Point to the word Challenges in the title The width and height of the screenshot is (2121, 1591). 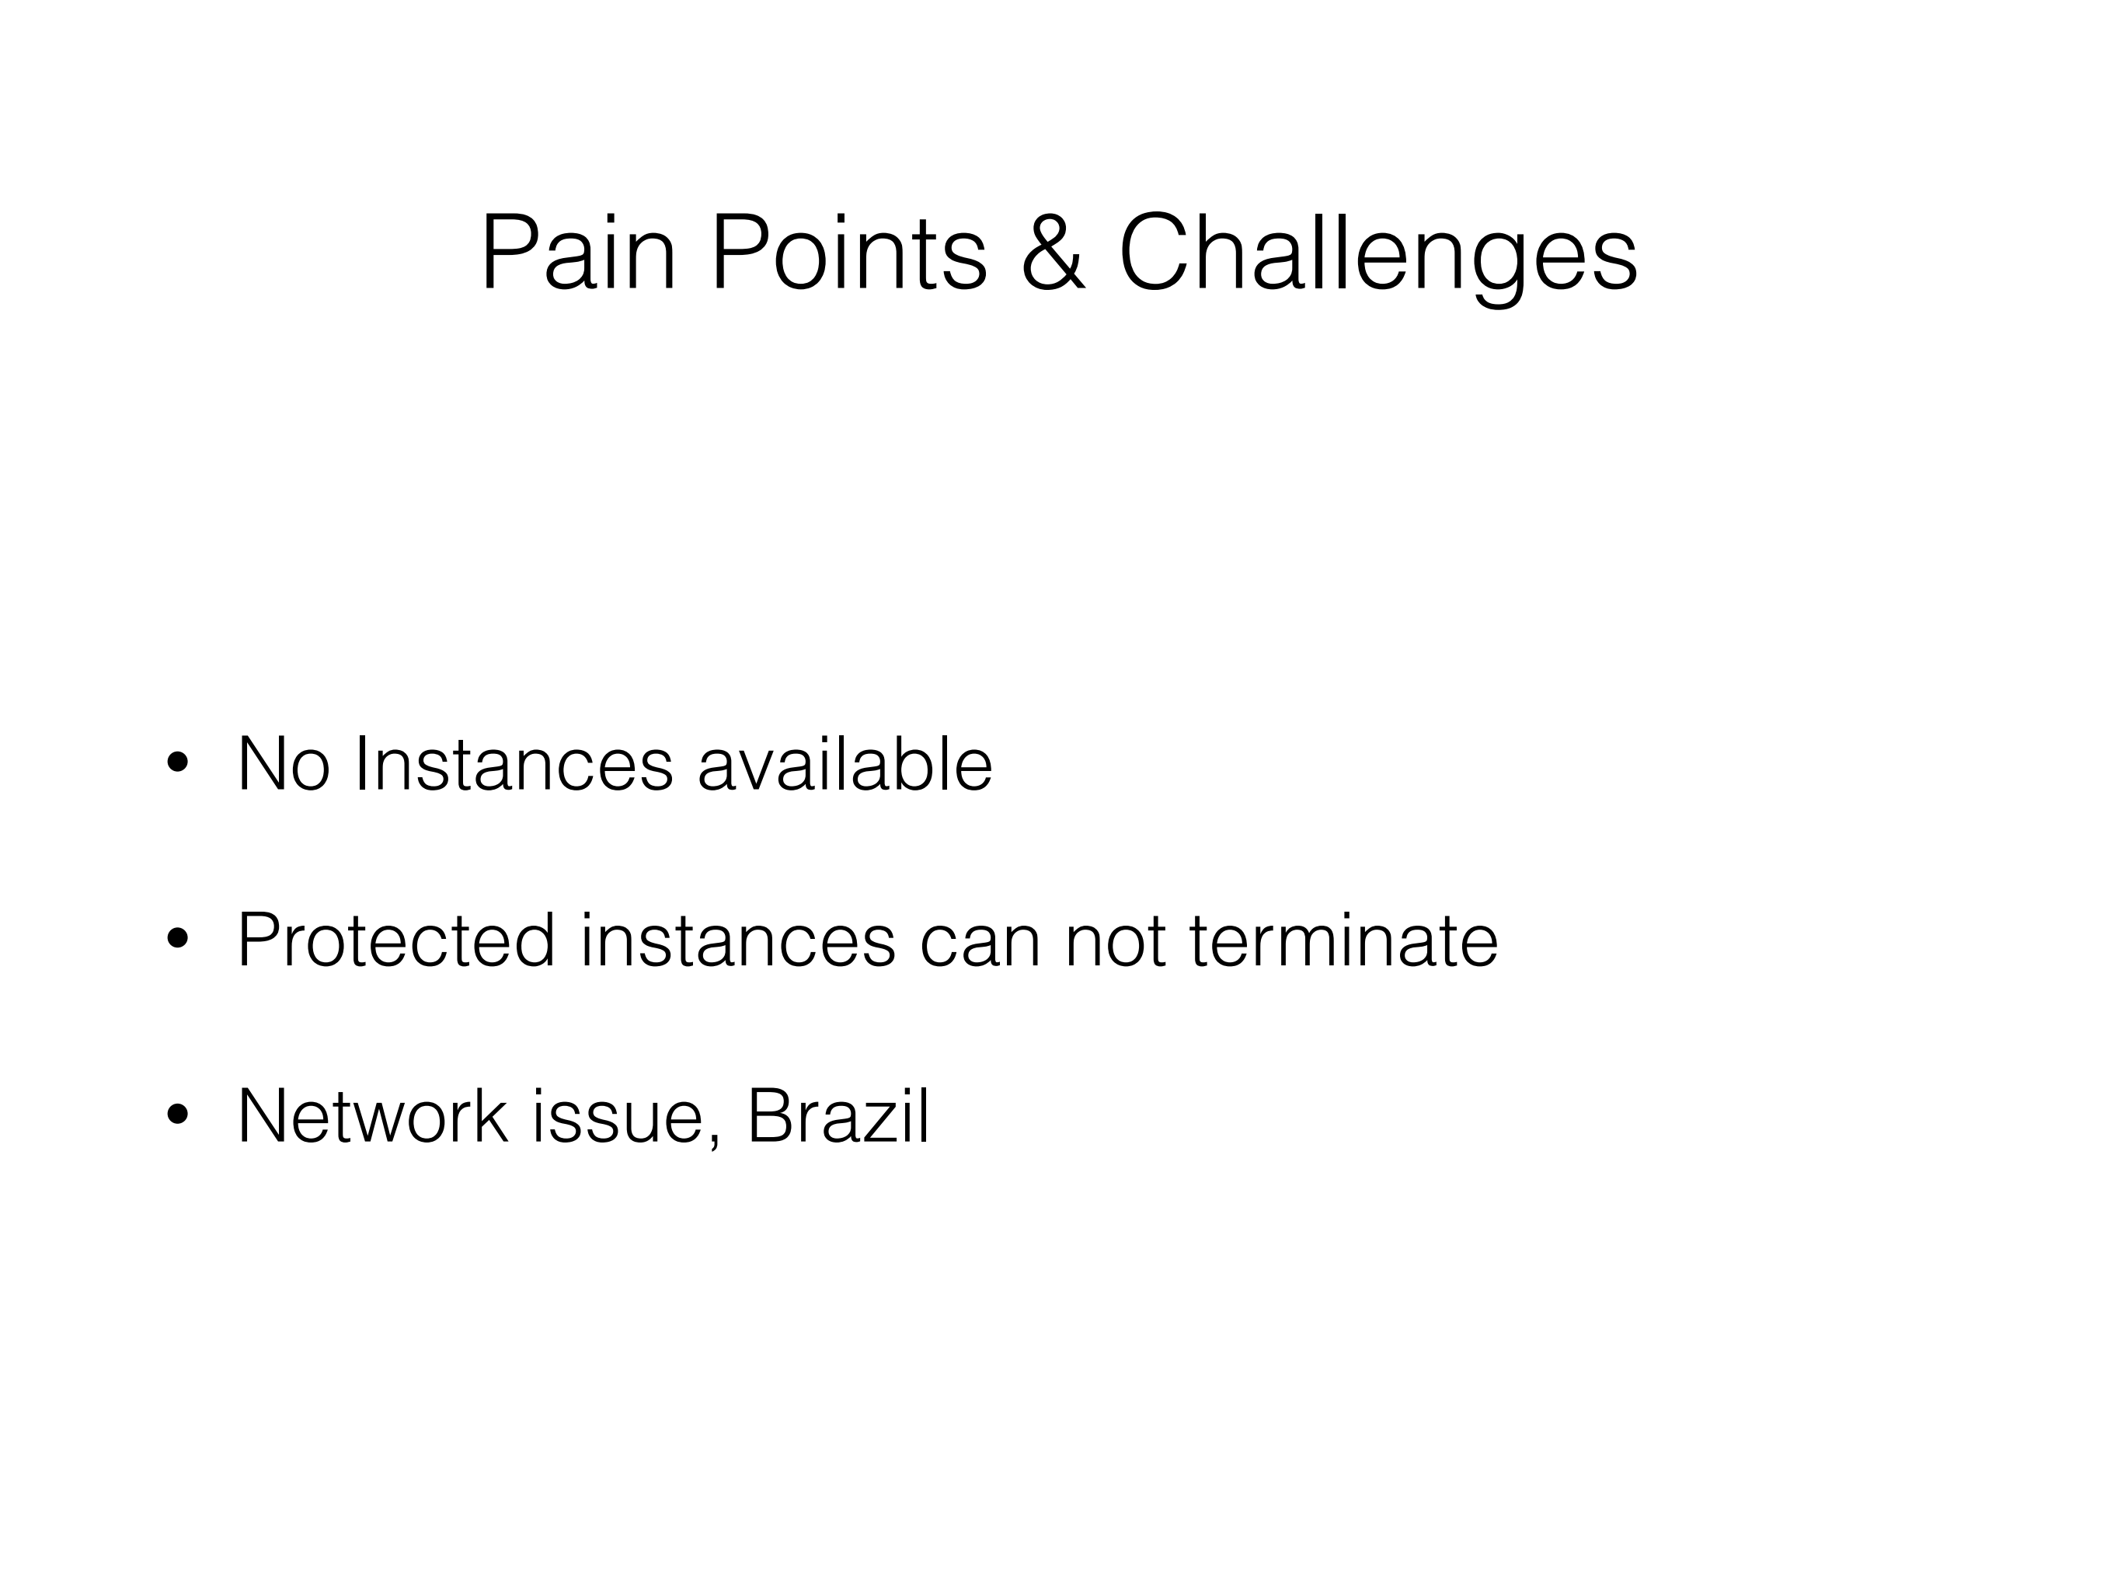click(x=1378, y=259)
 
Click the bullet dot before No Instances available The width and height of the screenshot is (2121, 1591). click(x=176, y=763)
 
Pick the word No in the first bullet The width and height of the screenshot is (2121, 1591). click(x=284, y=763)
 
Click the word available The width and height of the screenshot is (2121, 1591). click(x=845, y=763)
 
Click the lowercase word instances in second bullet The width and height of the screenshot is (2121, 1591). click(x=738, y=940)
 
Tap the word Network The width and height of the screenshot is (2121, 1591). click(x=373, y=1115)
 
